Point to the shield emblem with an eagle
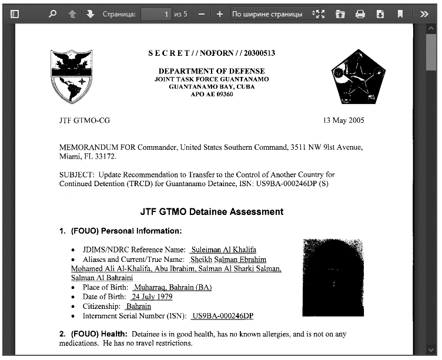click(x=72, y=76)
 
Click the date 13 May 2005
click(x=343, y=120)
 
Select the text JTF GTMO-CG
click(x=85, y=120)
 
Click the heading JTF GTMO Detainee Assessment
click(x=212, y=211)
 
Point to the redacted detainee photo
click(x=333, y=278)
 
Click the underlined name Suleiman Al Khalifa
click(x=223, y=250)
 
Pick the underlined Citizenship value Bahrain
click(x=139, y=307)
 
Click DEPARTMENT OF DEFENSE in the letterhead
click(x=212, y=71)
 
